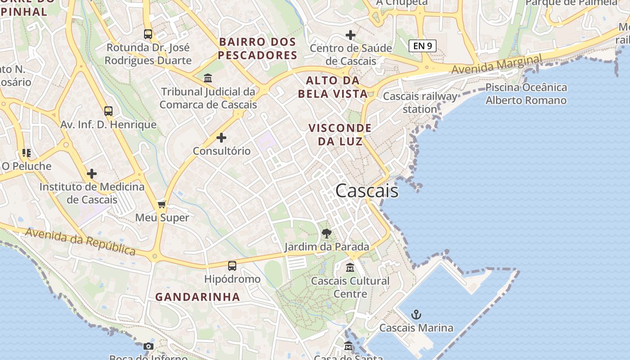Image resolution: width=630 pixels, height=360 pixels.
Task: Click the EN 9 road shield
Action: pos(423,45)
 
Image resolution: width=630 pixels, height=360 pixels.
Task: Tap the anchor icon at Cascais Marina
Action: pos(416,314)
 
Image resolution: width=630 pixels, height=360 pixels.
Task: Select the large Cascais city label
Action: pos(367,191)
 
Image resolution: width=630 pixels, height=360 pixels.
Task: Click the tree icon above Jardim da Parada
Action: pos(327,233)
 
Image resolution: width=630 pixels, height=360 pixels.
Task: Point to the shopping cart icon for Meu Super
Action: pos(162,205)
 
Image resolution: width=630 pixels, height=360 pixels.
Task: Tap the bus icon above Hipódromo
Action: pos(232,265)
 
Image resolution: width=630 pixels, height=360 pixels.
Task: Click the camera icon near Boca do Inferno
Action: pos(148,346)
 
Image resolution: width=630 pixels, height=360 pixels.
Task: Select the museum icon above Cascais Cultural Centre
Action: pos(350,268)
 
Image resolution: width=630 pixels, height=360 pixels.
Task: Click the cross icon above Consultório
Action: pos(221,138)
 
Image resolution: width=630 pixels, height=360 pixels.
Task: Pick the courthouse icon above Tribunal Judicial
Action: pos(208,78)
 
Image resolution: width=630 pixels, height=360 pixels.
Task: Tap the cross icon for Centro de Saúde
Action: pos(351,35)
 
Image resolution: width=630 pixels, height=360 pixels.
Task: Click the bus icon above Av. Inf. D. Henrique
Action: pos(108,111)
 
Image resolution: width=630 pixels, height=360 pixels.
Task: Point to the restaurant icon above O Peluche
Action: pos(27,153)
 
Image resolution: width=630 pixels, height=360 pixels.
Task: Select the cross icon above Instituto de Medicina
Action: pos(92,174)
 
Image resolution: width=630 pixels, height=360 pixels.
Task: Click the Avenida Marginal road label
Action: pos(497,65)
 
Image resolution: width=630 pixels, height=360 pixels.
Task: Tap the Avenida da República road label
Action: pos(81,241)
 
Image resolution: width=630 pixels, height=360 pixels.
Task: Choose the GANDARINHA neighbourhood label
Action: pos(198,297)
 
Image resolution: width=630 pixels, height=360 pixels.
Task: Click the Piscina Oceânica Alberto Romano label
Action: pos(526,94)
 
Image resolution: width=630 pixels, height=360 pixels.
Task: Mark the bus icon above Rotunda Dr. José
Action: pos(148,34)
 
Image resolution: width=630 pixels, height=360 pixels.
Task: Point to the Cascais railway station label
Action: pos(420,103)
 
